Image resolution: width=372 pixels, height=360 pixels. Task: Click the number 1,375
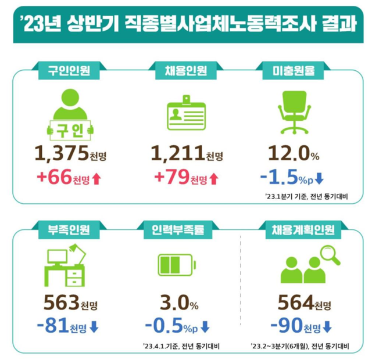pyautogui.click(x=60, y=153)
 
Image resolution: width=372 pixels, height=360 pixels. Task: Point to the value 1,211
pyautogui.click(x=177, y=153)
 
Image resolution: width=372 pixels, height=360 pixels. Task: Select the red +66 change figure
pyautogui.click(x=56, y=177)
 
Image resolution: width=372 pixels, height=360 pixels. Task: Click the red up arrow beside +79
pyautogui.click(x=213, y=178)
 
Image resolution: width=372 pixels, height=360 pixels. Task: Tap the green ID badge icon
pyautogui.click(x=186, y=113)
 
